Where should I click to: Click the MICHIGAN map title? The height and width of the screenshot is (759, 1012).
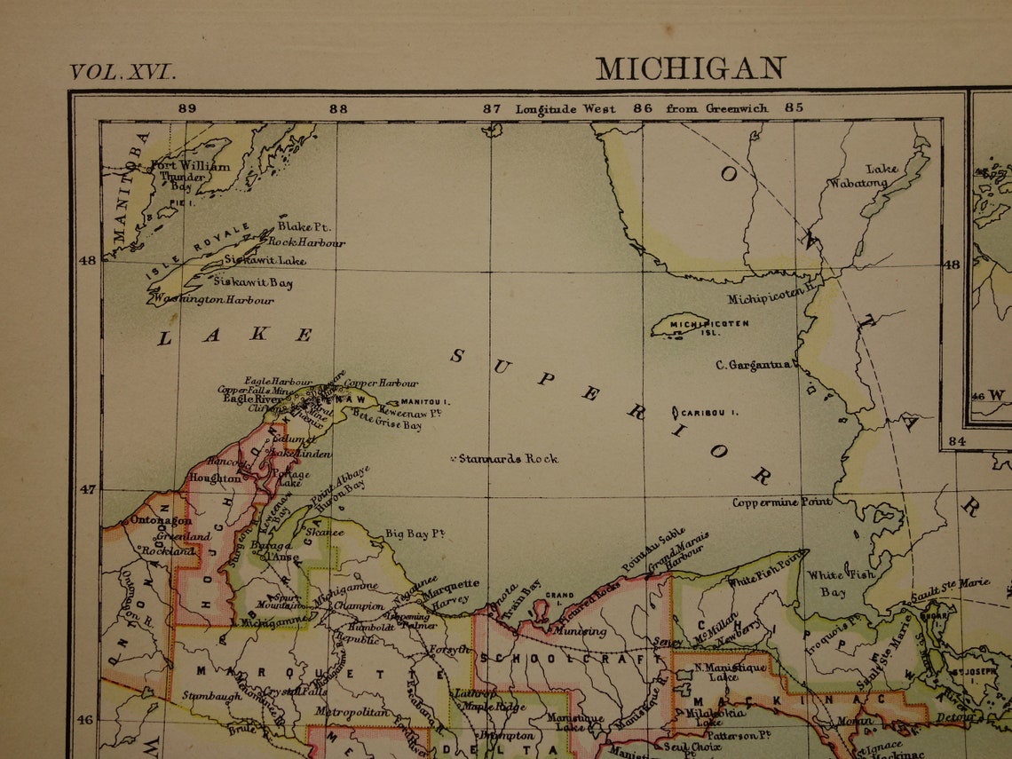pyautogui.click(x=690, y=68)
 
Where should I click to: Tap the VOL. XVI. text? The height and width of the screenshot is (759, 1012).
pyautogui.click(x=123, y=72)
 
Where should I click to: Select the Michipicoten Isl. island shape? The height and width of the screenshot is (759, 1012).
pyautogui.click(x=679, y=325)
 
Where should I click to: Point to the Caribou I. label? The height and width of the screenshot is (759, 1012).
pyautogui.click(x=710, y=413)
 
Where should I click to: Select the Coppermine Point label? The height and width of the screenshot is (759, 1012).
pyautogui.click(x=782, y=502)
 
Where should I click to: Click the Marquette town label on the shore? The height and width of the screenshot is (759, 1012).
pyautogui.click(x=450, y=586)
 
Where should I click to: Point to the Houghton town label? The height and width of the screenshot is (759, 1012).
pyautogui.click(x=215, y=478)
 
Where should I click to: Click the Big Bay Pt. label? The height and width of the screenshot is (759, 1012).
pyautogui.click(x=415, y=534)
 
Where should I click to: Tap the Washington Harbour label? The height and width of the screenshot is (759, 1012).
pyautogui.click(x=214, y=300)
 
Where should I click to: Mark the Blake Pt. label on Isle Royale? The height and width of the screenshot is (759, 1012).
pyautogui.click(x=304, y=227)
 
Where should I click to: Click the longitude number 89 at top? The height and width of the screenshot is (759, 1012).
pyautogui.click(x=186, y=108)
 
